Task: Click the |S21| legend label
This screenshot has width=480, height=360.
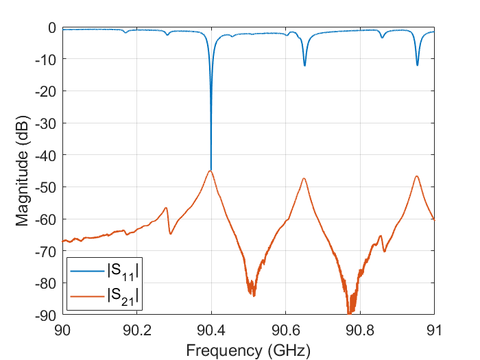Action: [x=123, y=295]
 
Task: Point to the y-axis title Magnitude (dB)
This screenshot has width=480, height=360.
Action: [x=22, y=171]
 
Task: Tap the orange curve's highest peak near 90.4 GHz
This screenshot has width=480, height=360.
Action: [x=211, y=171]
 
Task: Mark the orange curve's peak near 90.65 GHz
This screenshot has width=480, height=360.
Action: [x=304, y=178]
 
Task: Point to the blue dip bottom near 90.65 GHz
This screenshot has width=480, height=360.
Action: [x=304, y=66]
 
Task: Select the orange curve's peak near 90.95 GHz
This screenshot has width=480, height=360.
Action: [x=416, y=176]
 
